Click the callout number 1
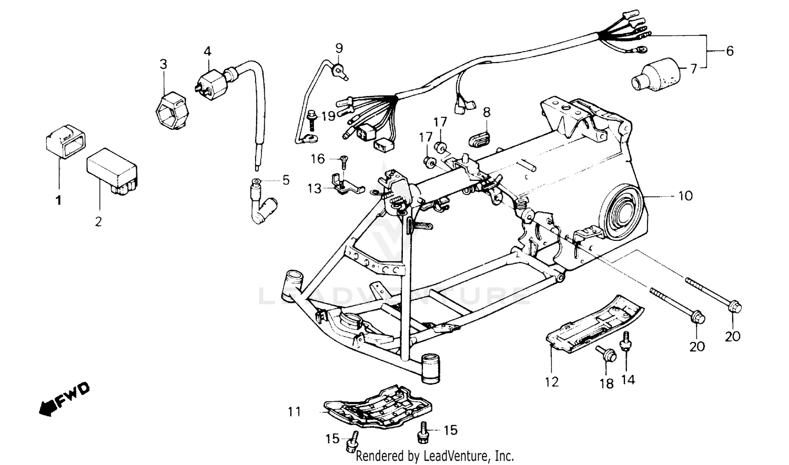(58, 200)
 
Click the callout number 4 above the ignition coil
(207, 52)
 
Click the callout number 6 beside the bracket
(730, 51)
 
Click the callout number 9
(339, 48)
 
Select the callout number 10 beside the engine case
(685, 196)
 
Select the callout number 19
(328, 116)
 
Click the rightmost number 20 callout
(733, 335)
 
